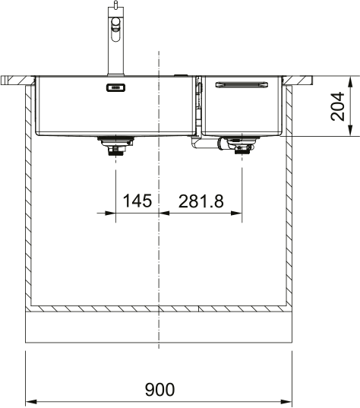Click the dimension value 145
point(137,201)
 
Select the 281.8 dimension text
point(201,201)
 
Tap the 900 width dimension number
point(159,389)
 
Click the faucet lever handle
point(115,30)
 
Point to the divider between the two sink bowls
point(197,106)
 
